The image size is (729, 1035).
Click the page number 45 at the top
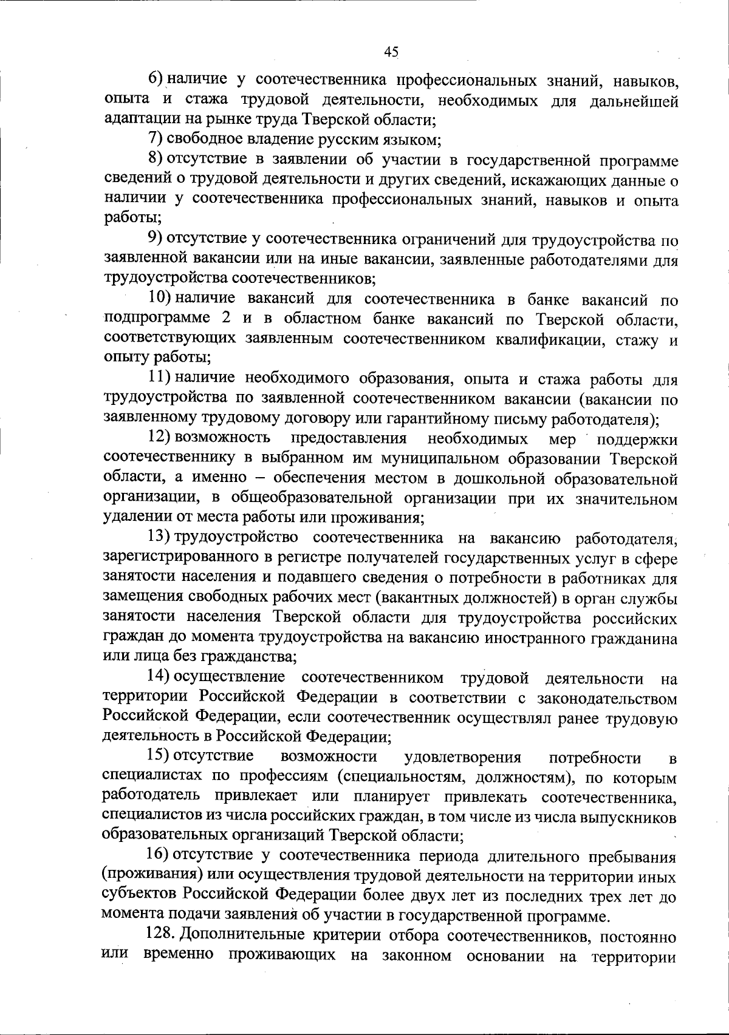(391, 52)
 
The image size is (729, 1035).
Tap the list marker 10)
(160, 299)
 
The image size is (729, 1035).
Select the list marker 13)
(160, 537)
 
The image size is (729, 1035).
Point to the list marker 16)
(160, 855)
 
